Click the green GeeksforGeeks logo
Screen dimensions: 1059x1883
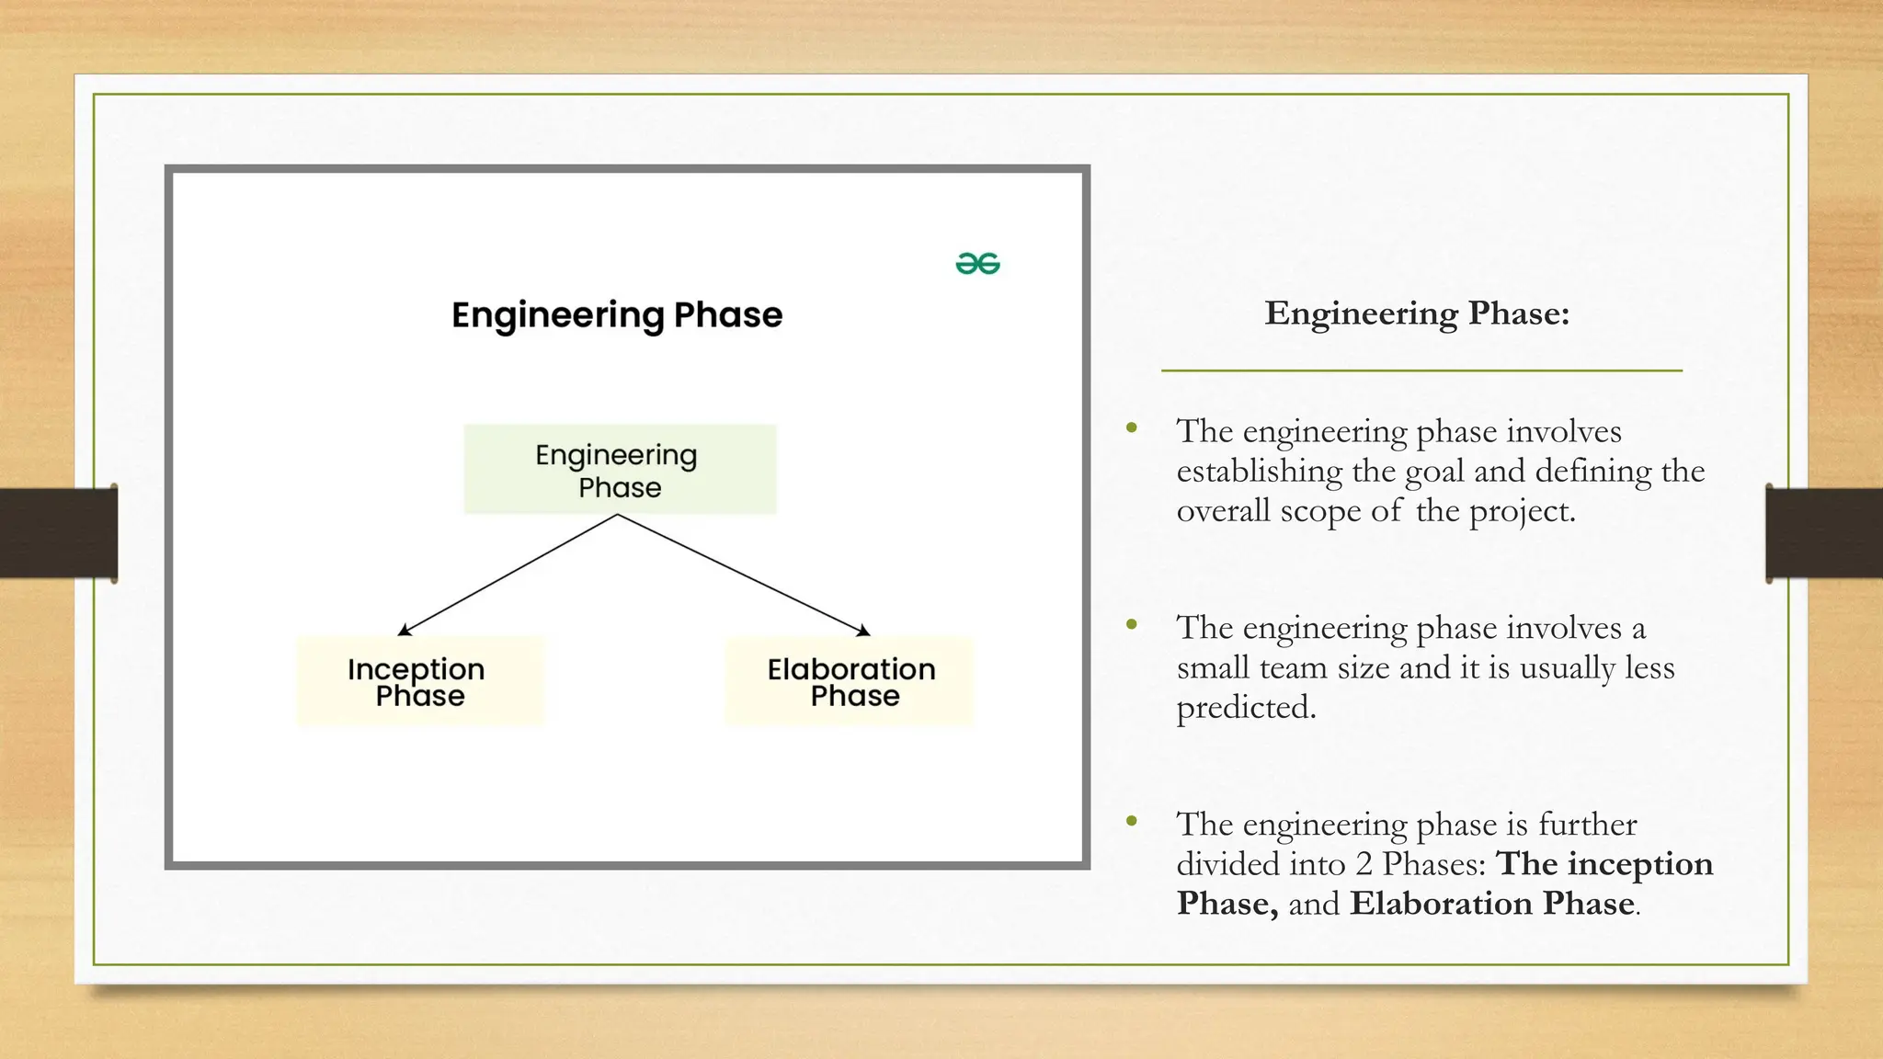977,264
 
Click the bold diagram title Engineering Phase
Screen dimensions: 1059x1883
617,315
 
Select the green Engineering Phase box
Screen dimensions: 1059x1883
620,470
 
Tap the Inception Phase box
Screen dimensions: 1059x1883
419,681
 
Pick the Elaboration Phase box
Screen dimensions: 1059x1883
850,681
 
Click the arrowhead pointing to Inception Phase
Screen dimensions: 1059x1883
403,632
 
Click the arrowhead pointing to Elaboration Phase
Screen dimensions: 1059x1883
864,632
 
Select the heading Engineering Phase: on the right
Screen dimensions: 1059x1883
1417,313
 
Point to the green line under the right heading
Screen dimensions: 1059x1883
1421,370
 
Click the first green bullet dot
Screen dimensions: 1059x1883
1132,427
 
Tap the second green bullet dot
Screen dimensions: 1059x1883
1132,625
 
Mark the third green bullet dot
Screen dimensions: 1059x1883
1132,821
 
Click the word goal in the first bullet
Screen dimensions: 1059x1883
1434,473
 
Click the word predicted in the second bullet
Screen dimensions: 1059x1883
1246,708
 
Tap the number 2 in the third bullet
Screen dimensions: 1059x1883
1364,865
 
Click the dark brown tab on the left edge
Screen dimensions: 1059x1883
58,533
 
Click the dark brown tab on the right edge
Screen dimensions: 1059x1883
1824,533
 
